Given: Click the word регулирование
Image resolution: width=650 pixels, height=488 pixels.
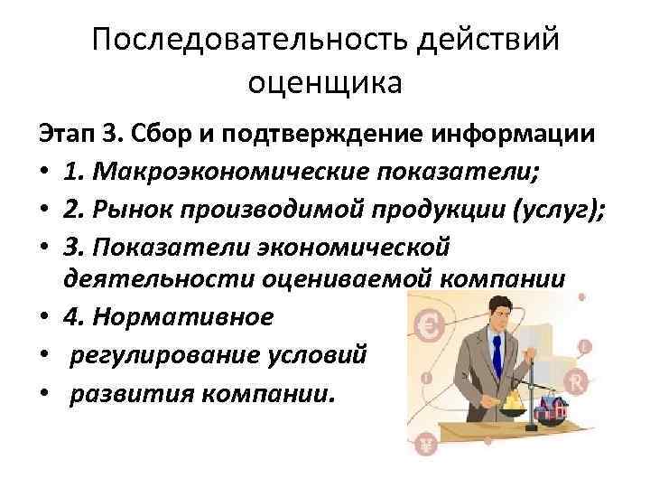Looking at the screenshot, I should click(145, 354).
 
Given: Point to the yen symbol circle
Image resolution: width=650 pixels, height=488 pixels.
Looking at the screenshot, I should click(425, 444).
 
